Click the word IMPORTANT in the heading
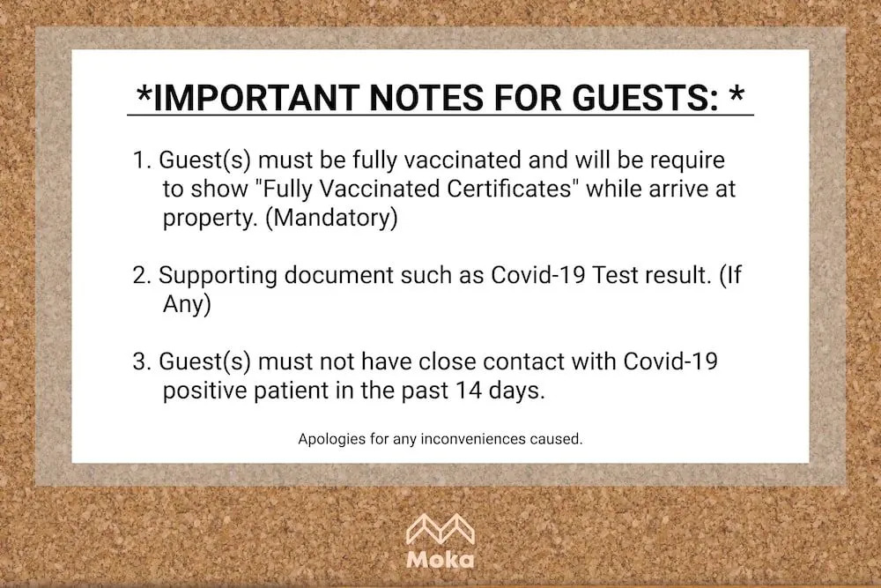(255, 97)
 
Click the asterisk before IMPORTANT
(144, 93)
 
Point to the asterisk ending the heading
(737, 93)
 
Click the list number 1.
(141, 160)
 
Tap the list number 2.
(141, 275)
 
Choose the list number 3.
(141, 361)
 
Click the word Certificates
(509, 189)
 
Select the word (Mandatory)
(331, 218)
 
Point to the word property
(211, 219)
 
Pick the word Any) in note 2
(187, 304)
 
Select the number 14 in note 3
(469, 391)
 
